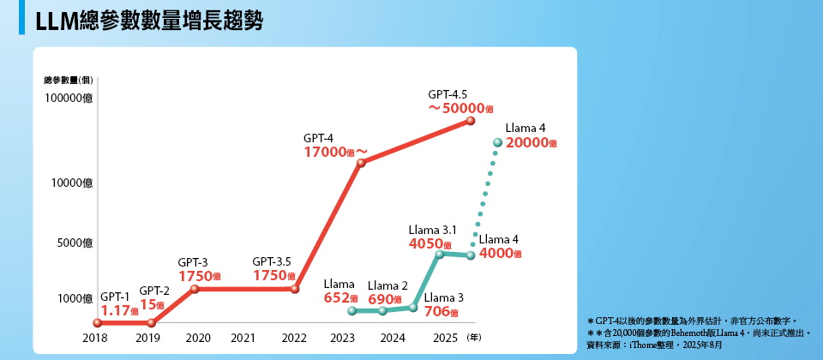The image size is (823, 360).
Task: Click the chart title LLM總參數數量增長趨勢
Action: [149, 21]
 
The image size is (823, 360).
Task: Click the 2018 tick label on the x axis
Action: [96, 339]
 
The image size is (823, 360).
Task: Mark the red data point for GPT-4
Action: [361, 162]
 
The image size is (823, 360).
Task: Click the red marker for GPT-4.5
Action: [470, 121]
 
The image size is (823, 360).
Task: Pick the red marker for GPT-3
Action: [195, 289]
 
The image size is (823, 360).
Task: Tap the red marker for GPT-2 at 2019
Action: [152, 323]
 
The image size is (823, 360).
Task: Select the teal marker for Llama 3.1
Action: [440, 254]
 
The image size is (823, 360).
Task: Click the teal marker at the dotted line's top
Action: [497, 142]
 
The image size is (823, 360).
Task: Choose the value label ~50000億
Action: [461, 108]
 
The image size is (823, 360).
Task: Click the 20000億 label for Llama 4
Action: [532, 144]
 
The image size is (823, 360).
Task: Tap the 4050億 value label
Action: [431, 243]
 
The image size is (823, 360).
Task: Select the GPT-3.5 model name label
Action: [272, 261]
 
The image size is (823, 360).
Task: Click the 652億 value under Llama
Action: [340, 297]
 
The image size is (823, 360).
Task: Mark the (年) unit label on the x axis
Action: [474, 339]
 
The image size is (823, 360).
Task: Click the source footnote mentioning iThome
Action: [652, 345]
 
